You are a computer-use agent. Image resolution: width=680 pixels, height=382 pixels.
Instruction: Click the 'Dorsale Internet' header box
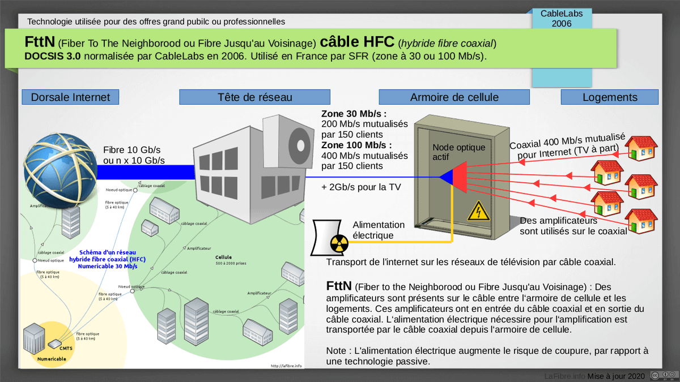(x=70, y=97)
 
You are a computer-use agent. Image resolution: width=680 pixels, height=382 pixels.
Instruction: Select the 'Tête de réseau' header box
(x=254, y=97)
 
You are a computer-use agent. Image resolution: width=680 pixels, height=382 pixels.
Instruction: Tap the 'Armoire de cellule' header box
(x=454, y=97)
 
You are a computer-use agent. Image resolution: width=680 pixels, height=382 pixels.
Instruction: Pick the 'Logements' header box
(x=609, y=97)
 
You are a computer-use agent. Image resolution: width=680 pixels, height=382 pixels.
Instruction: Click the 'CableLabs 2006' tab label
(x=563, y=18)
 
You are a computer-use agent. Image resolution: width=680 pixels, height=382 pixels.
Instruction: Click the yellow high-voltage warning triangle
(x=478, y=211)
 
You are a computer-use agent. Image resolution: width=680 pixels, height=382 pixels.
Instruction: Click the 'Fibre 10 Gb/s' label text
(x=132, y=150)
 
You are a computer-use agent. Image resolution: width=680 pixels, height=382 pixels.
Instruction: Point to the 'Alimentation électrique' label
(x=379, y=230)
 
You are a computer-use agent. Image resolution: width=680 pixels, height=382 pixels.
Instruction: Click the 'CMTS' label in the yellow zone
(x=65, y=349)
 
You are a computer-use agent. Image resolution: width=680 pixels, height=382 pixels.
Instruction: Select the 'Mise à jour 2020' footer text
(x=616, y=376)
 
